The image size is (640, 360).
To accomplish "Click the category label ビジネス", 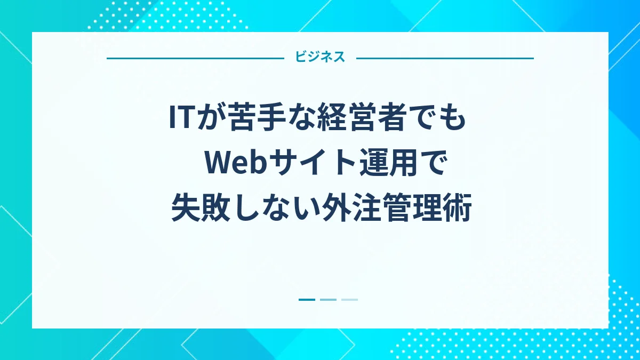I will click(x=320, y=58).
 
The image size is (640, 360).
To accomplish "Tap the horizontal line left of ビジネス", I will click(x=195, y=58).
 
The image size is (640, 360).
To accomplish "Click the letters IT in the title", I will click(x=180, y=118).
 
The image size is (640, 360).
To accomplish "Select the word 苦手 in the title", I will click(x=246, y=118).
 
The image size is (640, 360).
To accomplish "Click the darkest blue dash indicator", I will click(x=307, y=300).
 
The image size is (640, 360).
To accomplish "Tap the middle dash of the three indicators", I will click(x=328, y=300).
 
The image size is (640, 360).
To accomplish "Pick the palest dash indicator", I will click(x=349, y=300).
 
